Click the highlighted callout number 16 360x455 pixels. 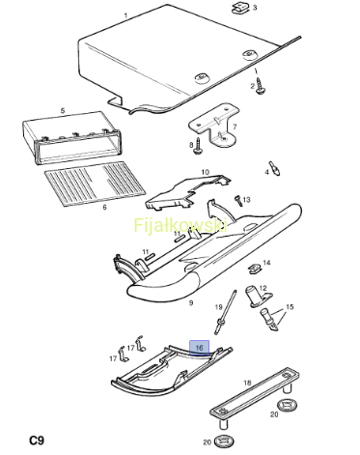[199, 348]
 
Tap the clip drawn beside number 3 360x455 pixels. [239, 9]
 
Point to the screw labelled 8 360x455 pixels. [197, 146]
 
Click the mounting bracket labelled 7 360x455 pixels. [215, 126]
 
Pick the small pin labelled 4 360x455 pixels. [275, 168]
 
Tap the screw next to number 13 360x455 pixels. [238, 200]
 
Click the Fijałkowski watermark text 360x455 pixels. [180, 225]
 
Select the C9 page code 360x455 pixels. [37, 440]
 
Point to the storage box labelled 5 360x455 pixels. [71, 137]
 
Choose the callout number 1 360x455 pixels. [125, 15]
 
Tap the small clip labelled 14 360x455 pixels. [255, 269]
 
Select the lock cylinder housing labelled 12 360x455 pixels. [257, 296]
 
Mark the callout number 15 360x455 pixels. [290, 307]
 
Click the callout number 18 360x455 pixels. [247, 383]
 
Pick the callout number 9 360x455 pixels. [191, 303]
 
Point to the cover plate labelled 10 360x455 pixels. [188, 192]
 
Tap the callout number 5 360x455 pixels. [63, 111]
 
